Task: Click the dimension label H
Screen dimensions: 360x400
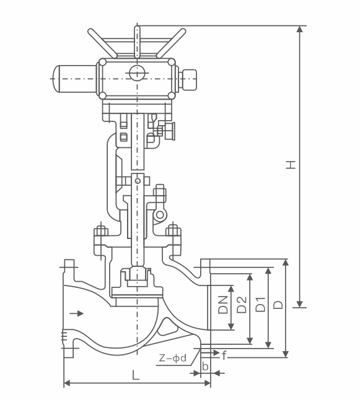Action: (x=291, y=165)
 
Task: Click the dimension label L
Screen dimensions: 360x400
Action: (x=136, y=375)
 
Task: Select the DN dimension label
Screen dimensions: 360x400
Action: (x=222, y=305)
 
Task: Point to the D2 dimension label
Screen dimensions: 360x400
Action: (x=242, y=305)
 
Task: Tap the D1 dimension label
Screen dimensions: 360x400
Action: (x=260, y=305)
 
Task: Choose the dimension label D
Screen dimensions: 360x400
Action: (x=278, y=305)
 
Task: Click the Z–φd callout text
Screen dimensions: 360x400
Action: (x=173, y=358)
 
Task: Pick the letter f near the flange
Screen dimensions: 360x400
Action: (x=224, y=355)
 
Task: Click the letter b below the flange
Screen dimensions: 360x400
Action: (x=205, y=366)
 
